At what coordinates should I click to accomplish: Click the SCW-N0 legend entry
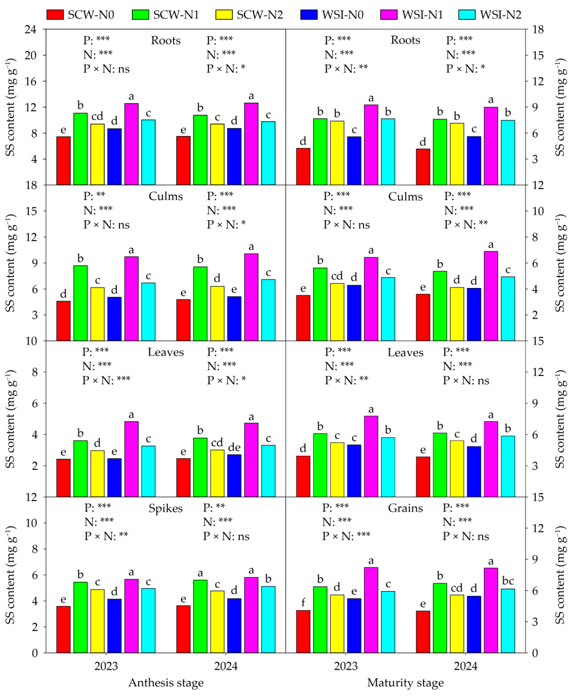(80, 15)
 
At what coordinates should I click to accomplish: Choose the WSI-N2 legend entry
(490, 15)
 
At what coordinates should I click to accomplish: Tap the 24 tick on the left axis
(31, 30)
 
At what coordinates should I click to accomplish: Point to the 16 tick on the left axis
(31, 81)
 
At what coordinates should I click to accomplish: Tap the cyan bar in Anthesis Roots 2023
(148, 152)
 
